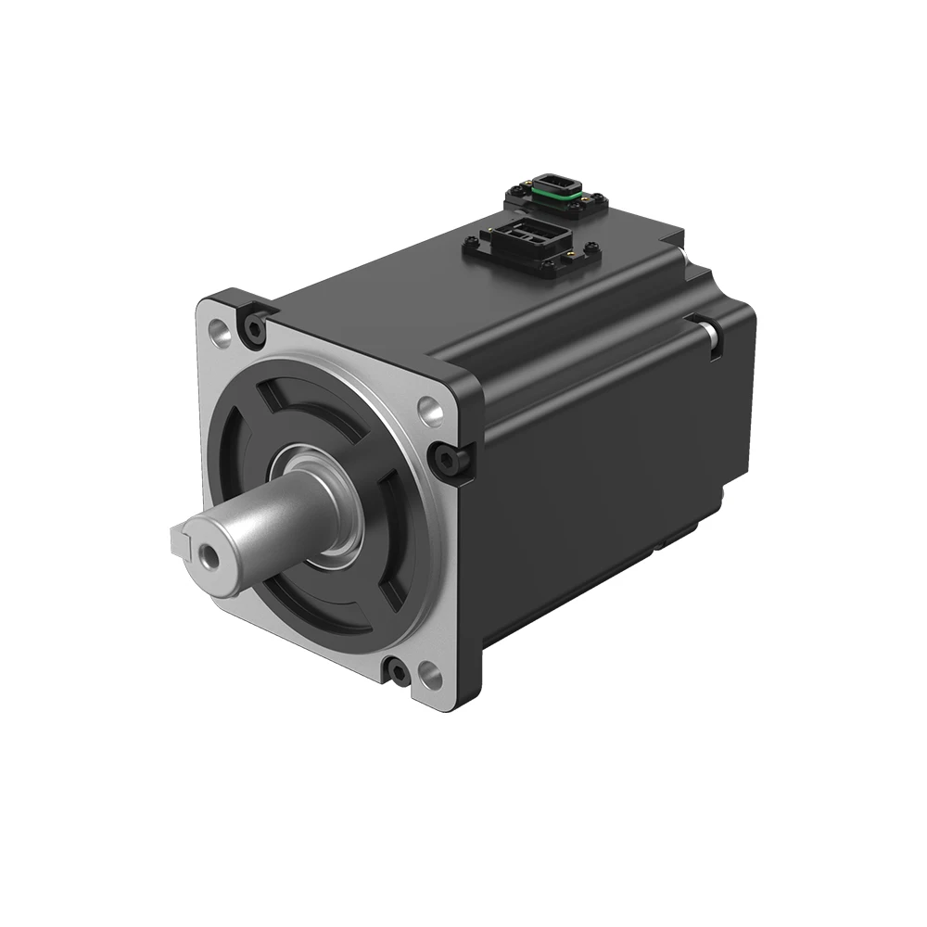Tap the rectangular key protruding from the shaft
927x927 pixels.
coord(182,536)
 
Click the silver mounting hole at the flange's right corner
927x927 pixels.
coord(428,408)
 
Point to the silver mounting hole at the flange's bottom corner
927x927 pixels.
coord(427,673)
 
